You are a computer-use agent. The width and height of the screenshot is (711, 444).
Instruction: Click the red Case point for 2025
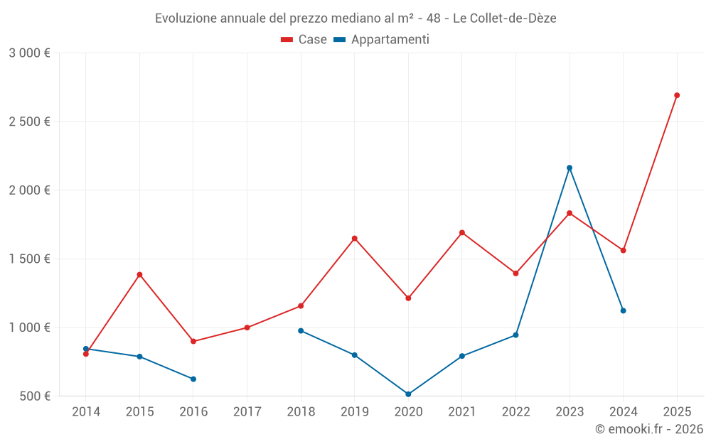[x=677, y=95]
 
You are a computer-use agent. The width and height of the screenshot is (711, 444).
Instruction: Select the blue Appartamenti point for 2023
[x=570, y=168]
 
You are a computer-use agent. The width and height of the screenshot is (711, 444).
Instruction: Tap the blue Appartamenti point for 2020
[x=408, y=394]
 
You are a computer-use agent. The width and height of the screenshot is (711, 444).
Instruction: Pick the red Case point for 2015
[x=139, y=274]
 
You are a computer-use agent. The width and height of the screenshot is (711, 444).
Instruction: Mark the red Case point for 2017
[x=247, y=327]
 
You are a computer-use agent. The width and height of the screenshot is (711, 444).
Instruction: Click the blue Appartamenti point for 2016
[x=193, y=379]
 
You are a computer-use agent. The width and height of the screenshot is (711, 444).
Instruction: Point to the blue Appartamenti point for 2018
[x=301, y=330]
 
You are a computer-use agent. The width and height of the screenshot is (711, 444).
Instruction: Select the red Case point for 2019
[x=354, y=238]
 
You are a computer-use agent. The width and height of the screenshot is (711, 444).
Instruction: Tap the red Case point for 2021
[x=462, y=232]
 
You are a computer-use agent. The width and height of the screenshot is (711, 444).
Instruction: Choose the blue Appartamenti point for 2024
[x=623, y=310]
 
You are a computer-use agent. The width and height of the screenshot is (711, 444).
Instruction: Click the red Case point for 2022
[x=515, y=273]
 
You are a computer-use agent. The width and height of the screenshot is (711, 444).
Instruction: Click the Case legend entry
[x=304, y=40]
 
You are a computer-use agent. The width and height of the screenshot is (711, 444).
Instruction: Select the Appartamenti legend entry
[x=382, y=40]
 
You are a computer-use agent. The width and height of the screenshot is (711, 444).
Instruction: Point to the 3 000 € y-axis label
[x=29, y=53]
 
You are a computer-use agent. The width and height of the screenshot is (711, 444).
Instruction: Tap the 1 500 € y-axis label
[x=29, y=259]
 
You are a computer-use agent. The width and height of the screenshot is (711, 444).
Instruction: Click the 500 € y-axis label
[x=34, y=396]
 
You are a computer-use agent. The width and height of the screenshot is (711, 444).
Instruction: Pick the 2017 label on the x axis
[x=247, y=412]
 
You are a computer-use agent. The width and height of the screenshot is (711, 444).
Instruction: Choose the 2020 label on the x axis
[x=408, y=412]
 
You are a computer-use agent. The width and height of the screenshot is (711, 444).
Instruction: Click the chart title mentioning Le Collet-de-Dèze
[x=355, y=18]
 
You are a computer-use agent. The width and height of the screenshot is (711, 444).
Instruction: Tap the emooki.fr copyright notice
[x=648, y=429]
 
